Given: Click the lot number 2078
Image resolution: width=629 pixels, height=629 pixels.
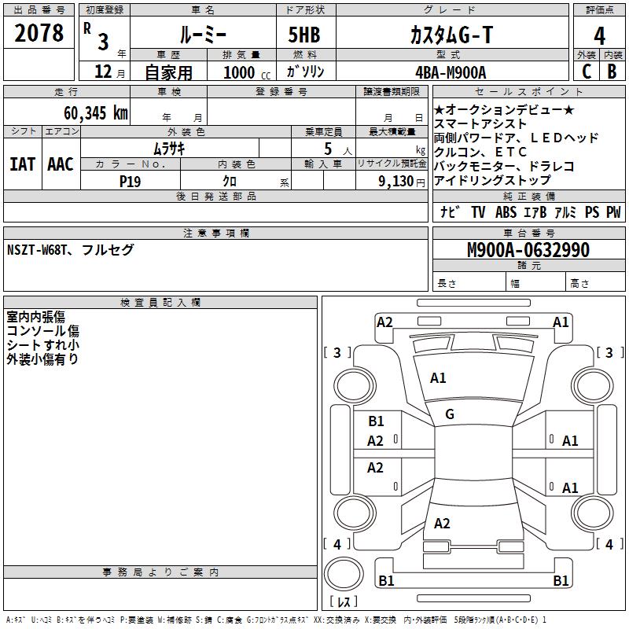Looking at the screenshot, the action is point(39,33).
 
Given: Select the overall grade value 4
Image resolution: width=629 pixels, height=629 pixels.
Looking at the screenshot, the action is point(599,35).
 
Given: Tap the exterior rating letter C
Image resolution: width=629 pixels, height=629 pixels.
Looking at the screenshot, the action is point(587,72).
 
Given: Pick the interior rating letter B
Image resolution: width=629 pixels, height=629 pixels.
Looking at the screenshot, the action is point(612,72).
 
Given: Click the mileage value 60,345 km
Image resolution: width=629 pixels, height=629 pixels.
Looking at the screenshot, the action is point(96,113).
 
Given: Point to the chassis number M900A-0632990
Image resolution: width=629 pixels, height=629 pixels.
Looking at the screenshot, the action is point(528,250).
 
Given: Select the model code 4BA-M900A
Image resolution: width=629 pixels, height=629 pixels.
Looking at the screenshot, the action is point(451,72).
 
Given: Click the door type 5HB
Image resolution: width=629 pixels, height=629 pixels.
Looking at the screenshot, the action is point(304,35).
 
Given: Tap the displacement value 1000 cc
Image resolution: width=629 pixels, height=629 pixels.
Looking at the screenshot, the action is point(247,73).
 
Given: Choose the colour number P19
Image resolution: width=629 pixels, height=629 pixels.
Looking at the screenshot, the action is point(130,182).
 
